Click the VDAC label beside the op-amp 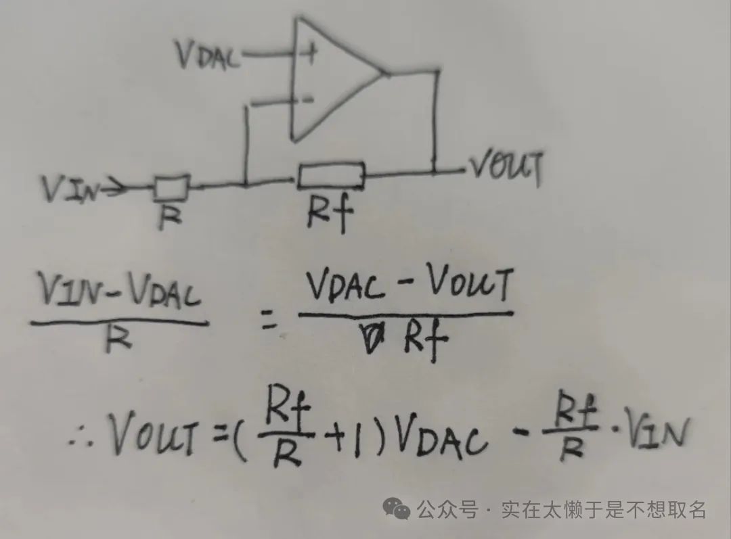pos(208,55)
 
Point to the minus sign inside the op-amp pos(308,99)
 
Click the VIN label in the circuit pos(70,189)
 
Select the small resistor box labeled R pos(172,187)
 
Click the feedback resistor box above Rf pos(331,176)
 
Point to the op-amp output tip pos(385,74)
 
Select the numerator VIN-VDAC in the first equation pos(120,290)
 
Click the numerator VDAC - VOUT pos(409,285)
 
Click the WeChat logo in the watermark pos(396,509)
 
